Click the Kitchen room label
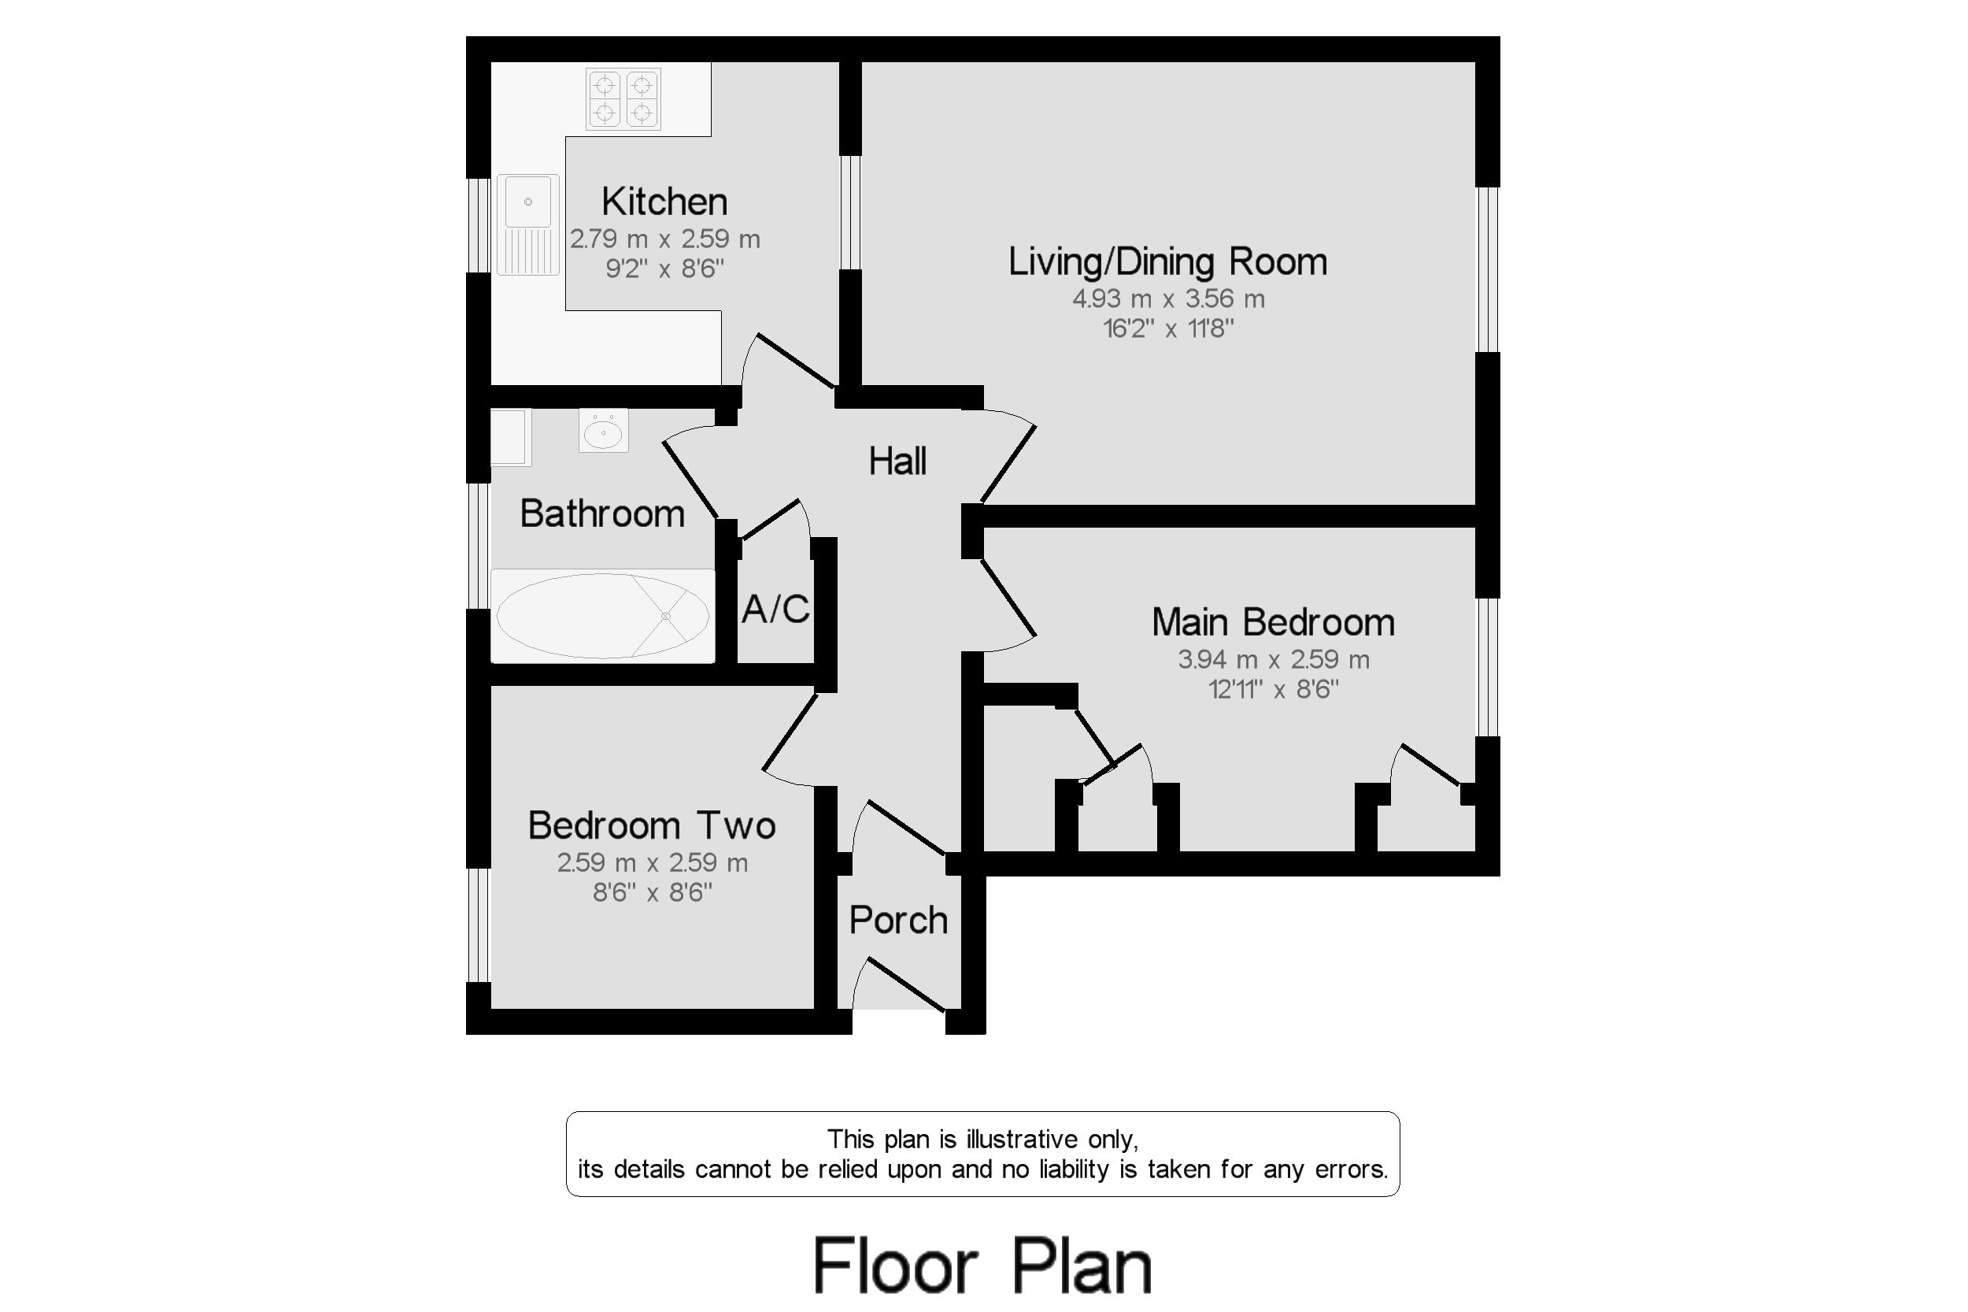[x=664, y=202]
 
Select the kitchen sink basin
[x=527, y=202]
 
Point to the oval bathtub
[x=602, y=616]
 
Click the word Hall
[x=897, y=461]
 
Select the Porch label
[x=898, y=921]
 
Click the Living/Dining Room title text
[x=1167, y=262]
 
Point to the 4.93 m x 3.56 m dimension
[x=1168, y=298]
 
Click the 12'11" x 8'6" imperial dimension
[x=1273, y=690]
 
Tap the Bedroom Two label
[x=652, y=826]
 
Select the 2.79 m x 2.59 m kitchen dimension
[x=665, y=239]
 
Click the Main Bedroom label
[x=1273, y=622]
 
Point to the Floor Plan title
[x=982, y=1266]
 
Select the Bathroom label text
[x=602, y=513]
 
